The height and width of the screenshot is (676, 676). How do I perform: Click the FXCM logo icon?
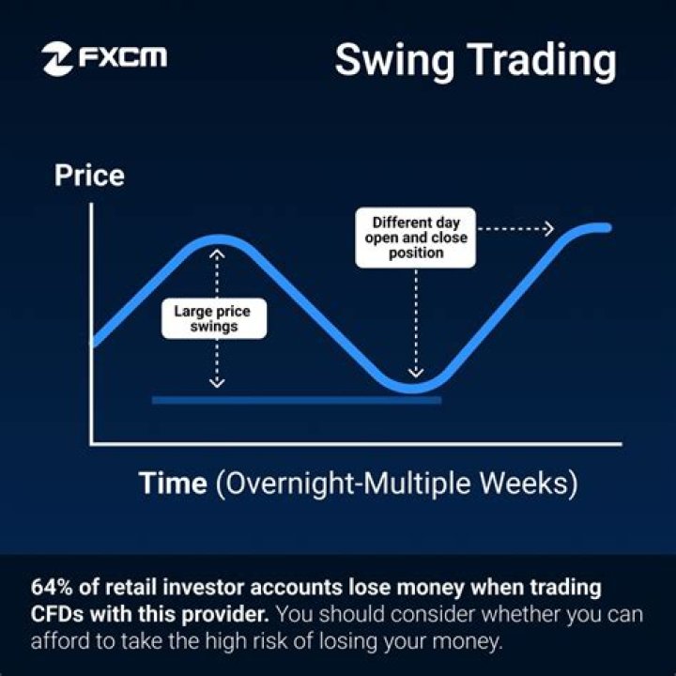point(58,58)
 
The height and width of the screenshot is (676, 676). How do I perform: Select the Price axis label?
point(89,176)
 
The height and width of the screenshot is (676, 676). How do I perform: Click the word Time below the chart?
point(173,484)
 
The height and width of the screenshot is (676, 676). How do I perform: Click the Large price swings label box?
point(214,319)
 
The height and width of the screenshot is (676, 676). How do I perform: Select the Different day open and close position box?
point(415,238)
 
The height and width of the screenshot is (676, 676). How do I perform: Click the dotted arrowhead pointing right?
point(548,228)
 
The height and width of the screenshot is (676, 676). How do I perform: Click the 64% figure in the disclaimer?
point(52,589)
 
